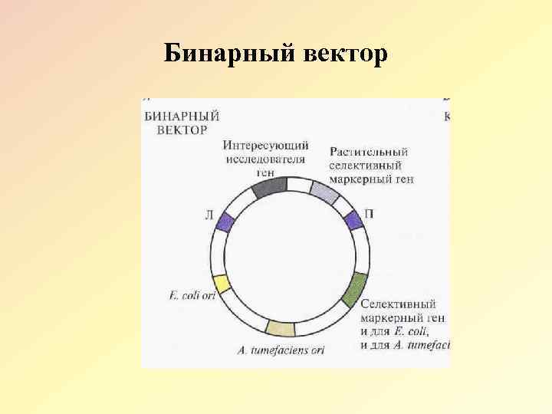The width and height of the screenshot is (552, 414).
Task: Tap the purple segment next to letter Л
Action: click(225, 222)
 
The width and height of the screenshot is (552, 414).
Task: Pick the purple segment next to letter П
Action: click(353, 221)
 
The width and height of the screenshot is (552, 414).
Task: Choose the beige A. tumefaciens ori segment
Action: click(280, 328)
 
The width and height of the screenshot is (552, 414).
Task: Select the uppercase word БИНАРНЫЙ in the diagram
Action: click(182, 117)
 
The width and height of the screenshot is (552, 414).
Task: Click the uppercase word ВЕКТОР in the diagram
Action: click(182, 130)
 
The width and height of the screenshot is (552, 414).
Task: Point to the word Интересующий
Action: click(267, 146)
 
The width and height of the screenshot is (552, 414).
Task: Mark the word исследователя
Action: click(265, 159)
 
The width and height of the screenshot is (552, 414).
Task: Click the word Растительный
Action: click(369, 152)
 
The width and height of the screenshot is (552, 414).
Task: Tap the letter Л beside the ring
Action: click(209, 215)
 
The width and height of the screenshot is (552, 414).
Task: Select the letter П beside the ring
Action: click(369, 214)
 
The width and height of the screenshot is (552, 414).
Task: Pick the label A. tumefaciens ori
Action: click(281, 351)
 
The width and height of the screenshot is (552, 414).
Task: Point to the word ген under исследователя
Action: click(264, 172)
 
